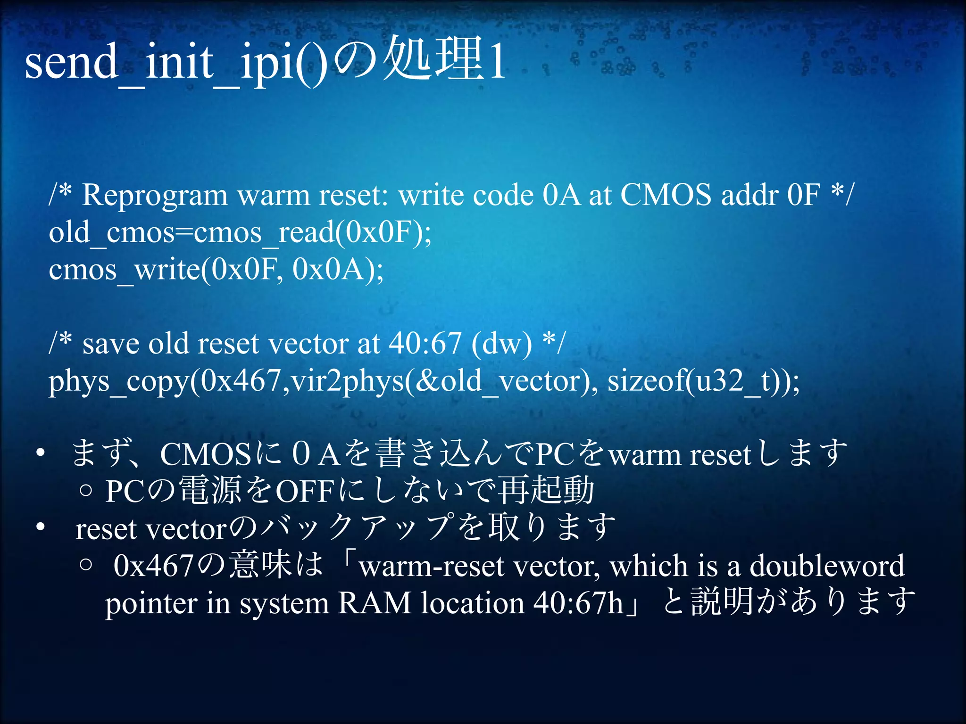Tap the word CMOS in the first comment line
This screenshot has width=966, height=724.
pyautogui.click(x=665, y=195)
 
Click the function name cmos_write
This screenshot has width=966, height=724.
pyautogui.click(x=124, y=270)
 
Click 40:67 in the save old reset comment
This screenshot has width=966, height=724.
pyautogui.click(x=425, y=343)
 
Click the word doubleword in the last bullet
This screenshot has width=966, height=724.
pyautogui.click(x=827, y=566)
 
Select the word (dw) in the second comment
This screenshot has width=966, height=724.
pyautogui.click(x=501, y=343)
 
